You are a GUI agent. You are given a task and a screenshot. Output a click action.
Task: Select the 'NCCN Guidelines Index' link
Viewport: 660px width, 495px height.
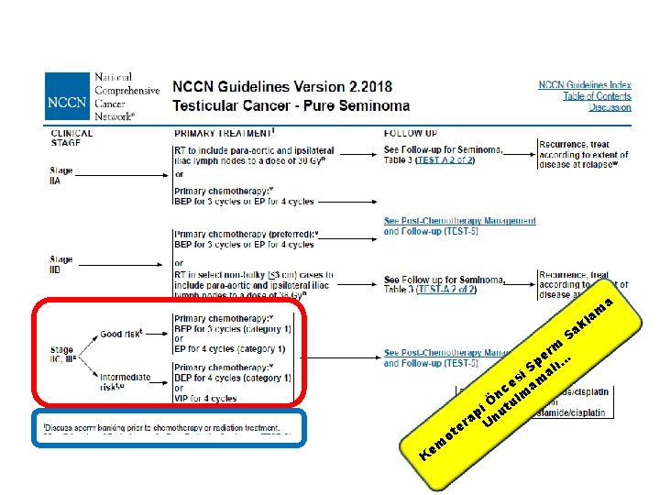(x=584, y=85)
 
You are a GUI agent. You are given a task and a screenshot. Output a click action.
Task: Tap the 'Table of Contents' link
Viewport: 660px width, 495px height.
(x=597, y=96)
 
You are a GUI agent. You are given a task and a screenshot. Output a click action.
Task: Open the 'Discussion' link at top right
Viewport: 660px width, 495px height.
(x=610, y=107)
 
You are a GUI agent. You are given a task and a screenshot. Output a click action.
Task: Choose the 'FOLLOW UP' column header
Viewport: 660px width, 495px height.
(x=411, y=133)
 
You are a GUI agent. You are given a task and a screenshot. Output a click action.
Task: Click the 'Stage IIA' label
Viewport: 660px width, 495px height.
(x=62, y=176)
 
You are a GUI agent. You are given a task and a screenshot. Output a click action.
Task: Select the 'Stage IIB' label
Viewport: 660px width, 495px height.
(x=62, y=265)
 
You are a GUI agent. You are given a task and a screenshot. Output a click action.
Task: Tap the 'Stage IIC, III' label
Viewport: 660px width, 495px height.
(x=65, y=354)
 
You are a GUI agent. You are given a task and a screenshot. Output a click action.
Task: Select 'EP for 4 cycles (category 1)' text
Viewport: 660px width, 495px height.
(x=229, y=348)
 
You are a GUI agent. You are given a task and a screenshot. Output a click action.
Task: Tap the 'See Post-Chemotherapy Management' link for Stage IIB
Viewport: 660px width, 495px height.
(x=459, y=221)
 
